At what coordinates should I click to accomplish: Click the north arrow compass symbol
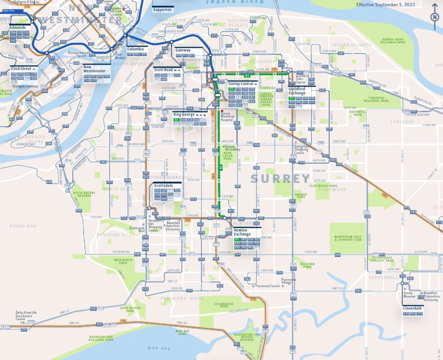point(434,17)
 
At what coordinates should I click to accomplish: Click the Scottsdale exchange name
point(163,186)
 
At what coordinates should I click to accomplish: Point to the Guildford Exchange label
point(298,91)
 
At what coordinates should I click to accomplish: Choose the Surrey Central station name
point(241,84)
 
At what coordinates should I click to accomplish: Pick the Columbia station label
point(136,49)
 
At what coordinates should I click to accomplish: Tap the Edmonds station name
point(17,27)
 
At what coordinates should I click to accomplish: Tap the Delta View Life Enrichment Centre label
point(26,316)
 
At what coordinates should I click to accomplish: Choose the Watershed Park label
point(123,261)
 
